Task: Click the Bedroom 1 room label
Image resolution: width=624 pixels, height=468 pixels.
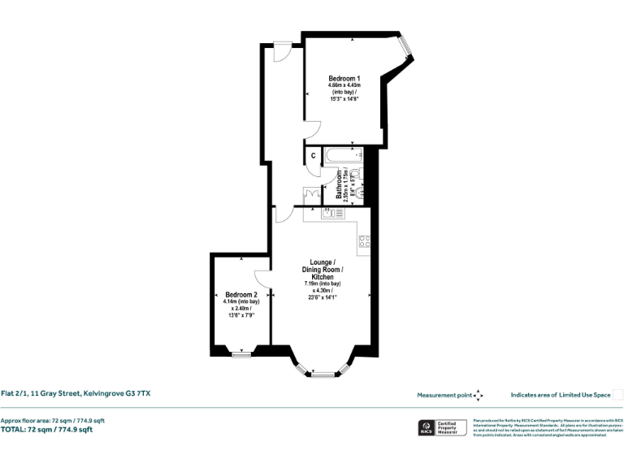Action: [x=344, y=78]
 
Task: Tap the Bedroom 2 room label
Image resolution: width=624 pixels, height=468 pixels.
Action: [x=241, y=294]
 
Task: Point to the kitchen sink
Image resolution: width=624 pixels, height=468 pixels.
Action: [x=332, y=214]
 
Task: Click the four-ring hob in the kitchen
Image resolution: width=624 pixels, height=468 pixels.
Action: [x=365, y=240]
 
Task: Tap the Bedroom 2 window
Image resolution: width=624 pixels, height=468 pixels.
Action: [x=240, y=354]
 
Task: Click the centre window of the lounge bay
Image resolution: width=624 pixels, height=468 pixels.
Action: [x=323, y=374]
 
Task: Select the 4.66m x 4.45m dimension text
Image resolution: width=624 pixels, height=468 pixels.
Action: [x=344, y=85]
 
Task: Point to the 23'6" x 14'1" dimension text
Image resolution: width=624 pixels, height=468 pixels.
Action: [x=323, y=297]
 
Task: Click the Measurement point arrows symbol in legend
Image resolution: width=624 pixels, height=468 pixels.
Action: [x=478, y=395]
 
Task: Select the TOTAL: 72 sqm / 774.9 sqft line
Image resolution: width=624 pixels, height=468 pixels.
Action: [x=46, y=429]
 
